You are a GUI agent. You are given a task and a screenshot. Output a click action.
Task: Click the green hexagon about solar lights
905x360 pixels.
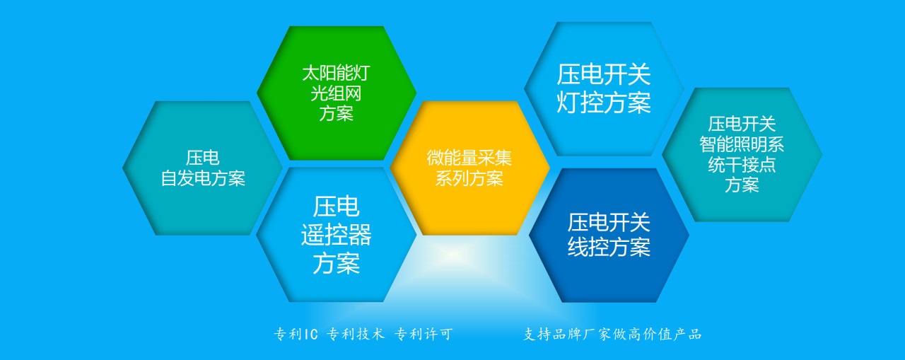pyautogui.click(x=337, y=93)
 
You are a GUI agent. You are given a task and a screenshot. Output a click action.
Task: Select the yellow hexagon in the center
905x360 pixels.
pyautogui.click(x=469, y=168)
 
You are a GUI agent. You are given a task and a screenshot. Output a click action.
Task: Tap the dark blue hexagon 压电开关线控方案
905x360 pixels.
pyautogui.click(x=609, y=235)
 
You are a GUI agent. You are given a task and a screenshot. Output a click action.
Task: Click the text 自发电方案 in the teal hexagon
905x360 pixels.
pyautogui.click(x=203, y=178)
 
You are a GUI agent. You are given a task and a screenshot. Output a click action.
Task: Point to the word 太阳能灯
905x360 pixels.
pyautogui.click(x=336, y=73)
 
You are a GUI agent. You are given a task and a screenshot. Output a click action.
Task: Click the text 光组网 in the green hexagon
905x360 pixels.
pyautogui.click(x=336, y=93)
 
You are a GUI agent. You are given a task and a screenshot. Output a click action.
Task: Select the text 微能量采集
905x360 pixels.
pyautogui.click(x=469, y=158)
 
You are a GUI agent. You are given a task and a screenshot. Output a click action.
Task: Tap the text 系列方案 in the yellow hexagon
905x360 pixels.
pyautogui.click(x=469, y=178)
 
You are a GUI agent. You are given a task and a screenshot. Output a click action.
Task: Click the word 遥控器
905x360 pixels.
pyautogui.click(x=336, y=234)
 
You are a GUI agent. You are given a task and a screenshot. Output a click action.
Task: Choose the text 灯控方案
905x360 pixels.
pyautogui.click(x=604, y=103)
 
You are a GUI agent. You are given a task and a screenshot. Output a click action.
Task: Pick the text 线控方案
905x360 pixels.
pyautogui.click(x=609, y=246)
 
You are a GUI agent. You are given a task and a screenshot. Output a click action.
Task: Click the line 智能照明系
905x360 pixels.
pyautogui.click(x=742, y=144)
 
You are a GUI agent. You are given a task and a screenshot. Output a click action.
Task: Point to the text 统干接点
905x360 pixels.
pyautogui.click(x=742, y=165)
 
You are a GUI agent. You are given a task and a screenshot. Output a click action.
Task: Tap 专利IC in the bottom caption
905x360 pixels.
pyautogui.click(x=296, y=334)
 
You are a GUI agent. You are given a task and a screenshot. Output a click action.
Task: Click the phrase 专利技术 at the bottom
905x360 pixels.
pyautogui.click(x=356, y=334)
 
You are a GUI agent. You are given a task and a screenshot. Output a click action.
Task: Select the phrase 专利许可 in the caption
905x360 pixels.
pyautogui.click(x=424, y=334)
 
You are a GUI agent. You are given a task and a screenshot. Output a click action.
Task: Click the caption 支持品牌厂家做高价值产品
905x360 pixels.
pyautogui.click(x=612, y=334)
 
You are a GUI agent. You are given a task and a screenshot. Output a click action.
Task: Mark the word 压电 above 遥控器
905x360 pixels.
pyautogui.click(x=336, y=207)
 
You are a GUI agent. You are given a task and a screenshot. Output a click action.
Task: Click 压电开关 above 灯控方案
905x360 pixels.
pyautogui.click(x=604, y=75)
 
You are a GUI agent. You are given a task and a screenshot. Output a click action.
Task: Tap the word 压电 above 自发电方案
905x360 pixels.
pyautogui.click(x=202, y=158)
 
